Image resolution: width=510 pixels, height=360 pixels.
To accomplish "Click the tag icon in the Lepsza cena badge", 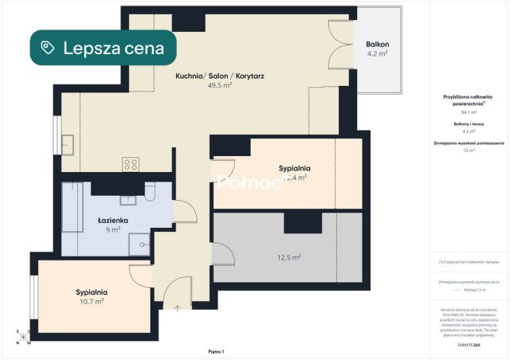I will (x=49, y=48).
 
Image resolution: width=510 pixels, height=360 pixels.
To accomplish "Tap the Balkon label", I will (x=377, y=44).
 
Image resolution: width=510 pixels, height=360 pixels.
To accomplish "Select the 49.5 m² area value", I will (x=219, y=85).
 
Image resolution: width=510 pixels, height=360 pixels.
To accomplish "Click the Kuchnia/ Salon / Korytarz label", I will (x=220, y=76).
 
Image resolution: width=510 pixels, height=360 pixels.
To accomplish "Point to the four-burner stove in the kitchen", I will (x=131, y=165).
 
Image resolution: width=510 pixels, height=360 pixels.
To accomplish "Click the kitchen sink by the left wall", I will (x=68, y=145).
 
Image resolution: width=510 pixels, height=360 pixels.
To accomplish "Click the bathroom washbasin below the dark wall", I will (x=126, y=200).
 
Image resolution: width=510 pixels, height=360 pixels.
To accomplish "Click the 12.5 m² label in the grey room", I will (x=288, y=257).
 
